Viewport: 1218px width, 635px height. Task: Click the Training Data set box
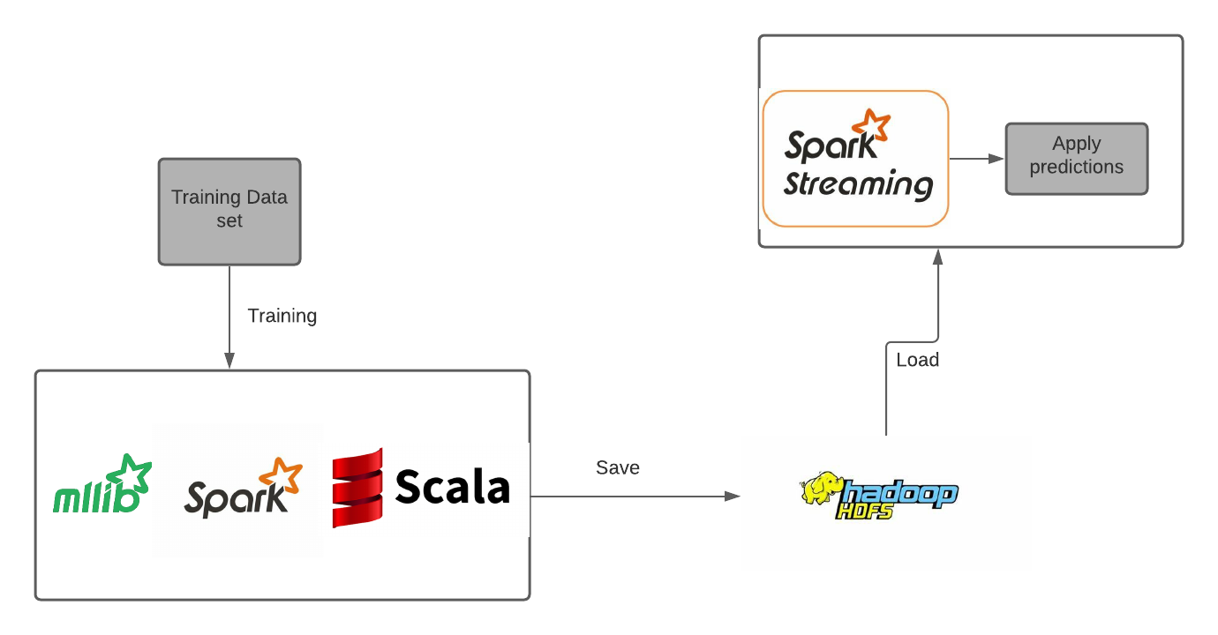(229, 212)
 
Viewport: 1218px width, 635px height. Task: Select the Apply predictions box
(1077, 159)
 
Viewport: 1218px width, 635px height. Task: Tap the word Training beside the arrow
(282, 316)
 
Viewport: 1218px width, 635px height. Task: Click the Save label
(618, 467)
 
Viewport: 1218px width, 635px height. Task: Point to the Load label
(917, 360)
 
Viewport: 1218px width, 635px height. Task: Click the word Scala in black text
(453, 487)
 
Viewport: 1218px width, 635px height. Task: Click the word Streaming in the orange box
(858, 184)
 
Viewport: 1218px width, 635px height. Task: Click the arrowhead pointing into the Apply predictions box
(997, 159)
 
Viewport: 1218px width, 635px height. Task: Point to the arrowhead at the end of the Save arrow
(732, 497)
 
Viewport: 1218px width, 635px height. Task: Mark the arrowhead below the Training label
(229, 361)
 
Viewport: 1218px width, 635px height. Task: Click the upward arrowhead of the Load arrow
(938, 256)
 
